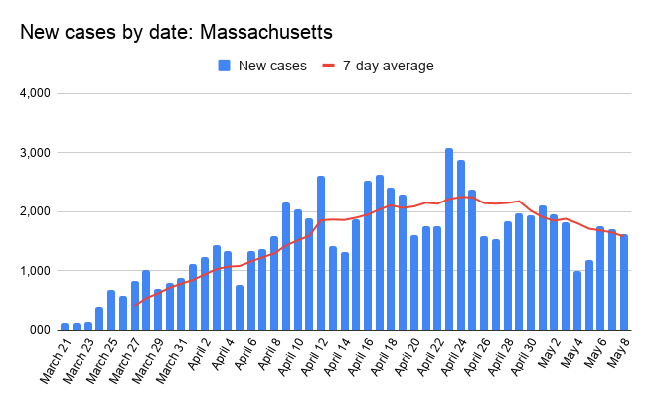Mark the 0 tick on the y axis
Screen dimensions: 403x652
pos(45,329)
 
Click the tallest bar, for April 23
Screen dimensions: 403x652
pos(449,238)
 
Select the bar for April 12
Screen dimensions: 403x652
pos(321,252)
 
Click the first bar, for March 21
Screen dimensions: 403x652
pos(65,326)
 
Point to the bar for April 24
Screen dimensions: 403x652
pos(461,244)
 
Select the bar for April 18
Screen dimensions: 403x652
pos(391,258)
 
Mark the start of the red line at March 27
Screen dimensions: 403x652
pos(134,305)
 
